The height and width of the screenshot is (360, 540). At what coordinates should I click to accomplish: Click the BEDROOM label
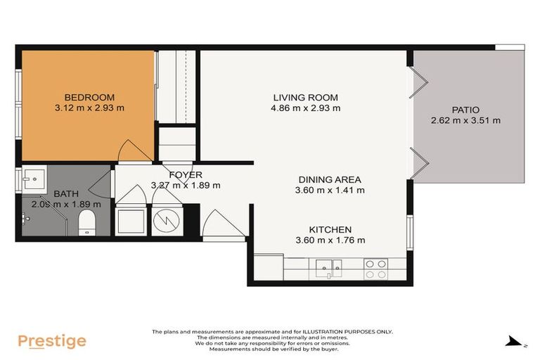pos(89,98)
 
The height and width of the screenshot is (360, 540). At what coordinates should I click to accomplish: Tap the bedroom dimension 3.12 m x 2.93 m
pos(89,108)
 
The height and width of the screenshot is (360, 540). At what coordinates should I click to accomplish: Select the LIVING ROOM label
pos(305,98)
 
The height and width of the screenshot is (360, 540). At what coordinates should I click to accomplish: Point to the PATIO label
pos(465,110)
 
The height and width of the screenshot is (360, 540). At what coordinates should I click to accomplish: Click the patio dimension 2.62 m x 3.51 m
pos(465,120)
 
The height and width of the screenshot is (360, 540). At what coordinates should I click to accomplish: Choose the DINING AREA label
pos(330,179)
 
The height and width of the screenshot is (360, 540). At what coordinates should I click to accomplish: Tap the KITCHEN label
pos(330,230)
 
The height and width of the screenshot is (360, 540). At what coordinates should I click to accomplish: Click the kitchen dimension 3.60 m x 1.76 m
pos(330,240)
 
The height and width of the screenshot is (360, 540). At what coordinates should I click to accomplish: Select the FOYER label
pos(186,175)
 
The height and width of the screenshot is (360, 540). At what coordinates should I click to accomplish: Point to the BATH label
pos(66,193)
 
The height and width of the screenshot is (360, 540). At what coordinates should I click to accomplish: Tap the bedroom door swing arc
pos(134,149)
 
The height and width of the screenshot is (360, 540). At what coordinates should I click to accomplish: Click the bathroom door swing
pos(101,184)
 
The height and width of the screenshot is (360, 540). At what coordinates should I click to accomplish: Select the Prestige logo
pos(52,342)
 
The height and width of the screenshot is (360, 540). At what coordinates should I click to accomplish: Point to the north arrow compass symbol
pos(515,342)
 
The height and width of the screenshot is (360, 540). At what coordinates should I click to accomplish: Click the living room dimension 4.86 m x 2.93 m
pos(305,108)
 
